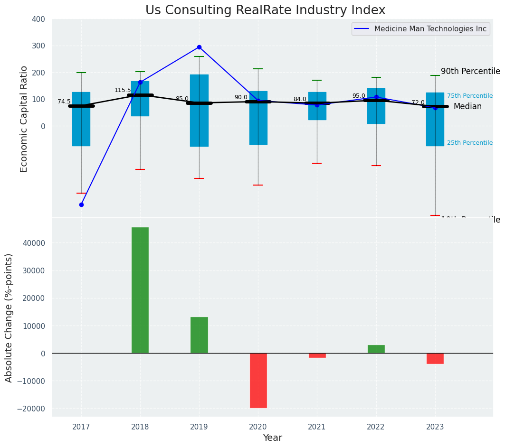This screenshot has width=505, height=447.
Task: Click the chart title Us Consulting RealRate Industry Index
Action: point(265,10)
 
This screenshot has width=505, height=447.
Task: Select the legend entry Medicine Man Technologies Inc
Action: point(430,29)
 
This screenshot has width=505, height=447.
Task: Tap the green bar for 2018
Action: point(140,290)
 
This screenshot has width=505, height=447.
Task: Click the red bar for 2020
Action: point(258,380)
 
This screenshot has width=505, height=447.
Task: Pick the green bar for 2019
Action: point(199,335)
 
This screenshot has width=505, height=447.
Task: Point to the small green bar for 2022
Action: point(376,349)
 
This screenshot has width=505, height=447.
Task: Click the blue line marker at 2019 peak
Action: point(199,47)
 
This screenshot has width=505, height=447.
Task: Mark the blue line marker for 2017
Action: point(81,205)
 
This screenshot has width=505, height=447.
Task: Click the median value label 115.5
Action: point(122,90)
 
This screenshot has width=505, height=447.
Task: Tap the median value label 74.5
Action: point(64,102)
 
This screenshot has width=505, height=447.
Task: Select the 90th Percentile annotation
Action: point(470,72)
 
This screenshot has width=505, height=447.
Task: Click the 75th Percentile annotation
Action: point(469,96)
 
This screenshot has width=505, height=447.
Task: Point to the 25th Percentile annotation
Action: point(469,143)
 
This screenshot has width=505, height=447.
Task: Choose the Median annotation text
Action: point(467,107)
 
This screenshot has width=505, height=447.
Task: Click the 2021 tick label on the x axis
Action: point(317,427)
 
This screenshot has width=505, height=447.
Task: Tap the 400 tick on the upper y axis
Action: point(38,19)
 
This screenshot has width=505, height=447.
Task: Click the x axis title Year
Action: point(272,438)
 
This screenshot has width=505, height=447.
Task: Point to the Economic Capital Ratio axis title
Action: point(24,119)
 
